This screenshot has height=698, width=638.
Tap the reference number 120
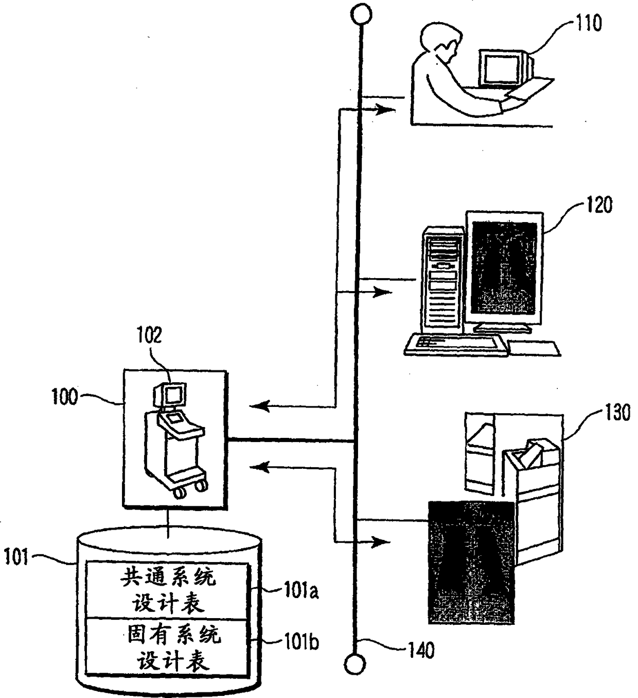click(599, 205)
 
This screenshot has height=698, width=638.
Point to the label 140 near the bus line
click(420, 651)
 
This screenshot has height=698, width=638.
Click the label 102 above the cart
click(149, 335)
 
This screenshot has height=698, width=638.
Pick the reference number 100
click(64, 397)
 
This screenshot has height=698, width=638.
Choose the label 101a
click(301, 591)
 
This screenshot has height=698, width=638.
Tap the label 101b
click(301, 642)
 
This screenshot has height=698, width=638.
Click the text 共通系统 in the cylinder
click(168, 578)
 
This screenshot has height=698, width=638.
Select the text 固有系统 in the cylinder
click(173, 635)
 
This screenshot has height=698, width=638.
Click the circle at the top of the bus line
click(362, 14)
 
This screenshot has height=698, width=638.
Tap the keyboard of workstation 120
click(455, 344)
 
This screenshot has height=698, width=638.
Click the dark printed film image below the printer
click(471, 561)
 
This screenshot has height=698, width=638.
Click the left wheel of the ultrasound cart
click(180, 492)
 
